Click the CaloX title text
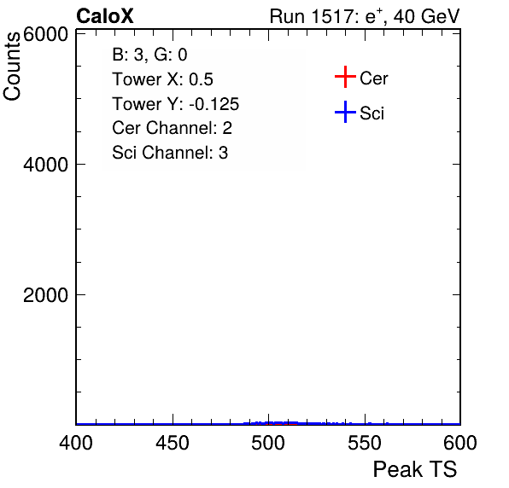105,16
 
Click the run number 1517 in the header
333,16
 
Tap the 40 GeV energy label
426,16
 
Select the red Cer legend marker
345,77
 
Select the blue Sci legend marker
345,112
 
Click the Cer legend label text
373,78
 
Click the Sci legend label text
372,113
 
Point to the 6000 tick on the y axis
45,34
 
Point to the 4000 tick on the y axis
45,165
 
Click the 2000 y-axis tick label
45,295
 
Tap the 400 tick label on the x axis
76,443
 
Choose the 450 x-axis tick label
173,443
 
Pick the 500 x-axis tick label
268,443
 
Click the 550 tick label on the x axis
365,443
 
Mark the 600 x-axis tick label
460,443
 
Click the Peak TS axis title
415,469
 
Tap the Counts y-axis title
12,67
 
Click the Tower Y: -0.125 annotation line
176,104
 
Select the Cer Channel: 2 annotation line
172,128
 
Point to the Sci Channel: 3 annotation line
170,153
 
